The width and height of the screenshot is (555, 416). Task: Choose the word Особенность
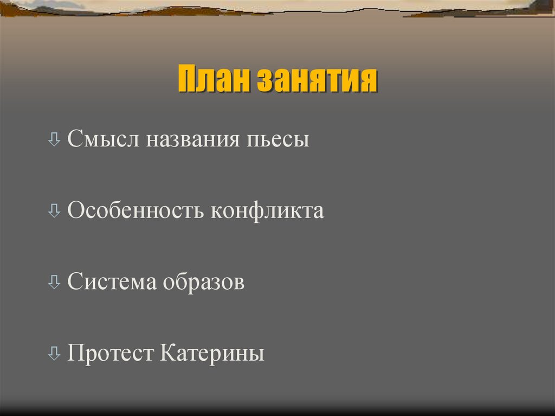click(135, 210)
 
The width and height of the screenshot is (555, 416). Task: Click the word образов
click(202, 282)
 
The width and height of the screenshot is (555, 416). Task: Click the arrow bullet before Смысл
click(54, 140)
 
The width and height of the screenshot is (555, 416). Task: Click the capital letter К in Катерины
click(167, 354)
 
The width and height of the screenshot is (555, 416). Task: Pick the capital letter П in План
click(187, 81)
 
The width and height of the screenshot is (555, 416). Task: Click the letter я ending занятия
click(369, 81)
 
